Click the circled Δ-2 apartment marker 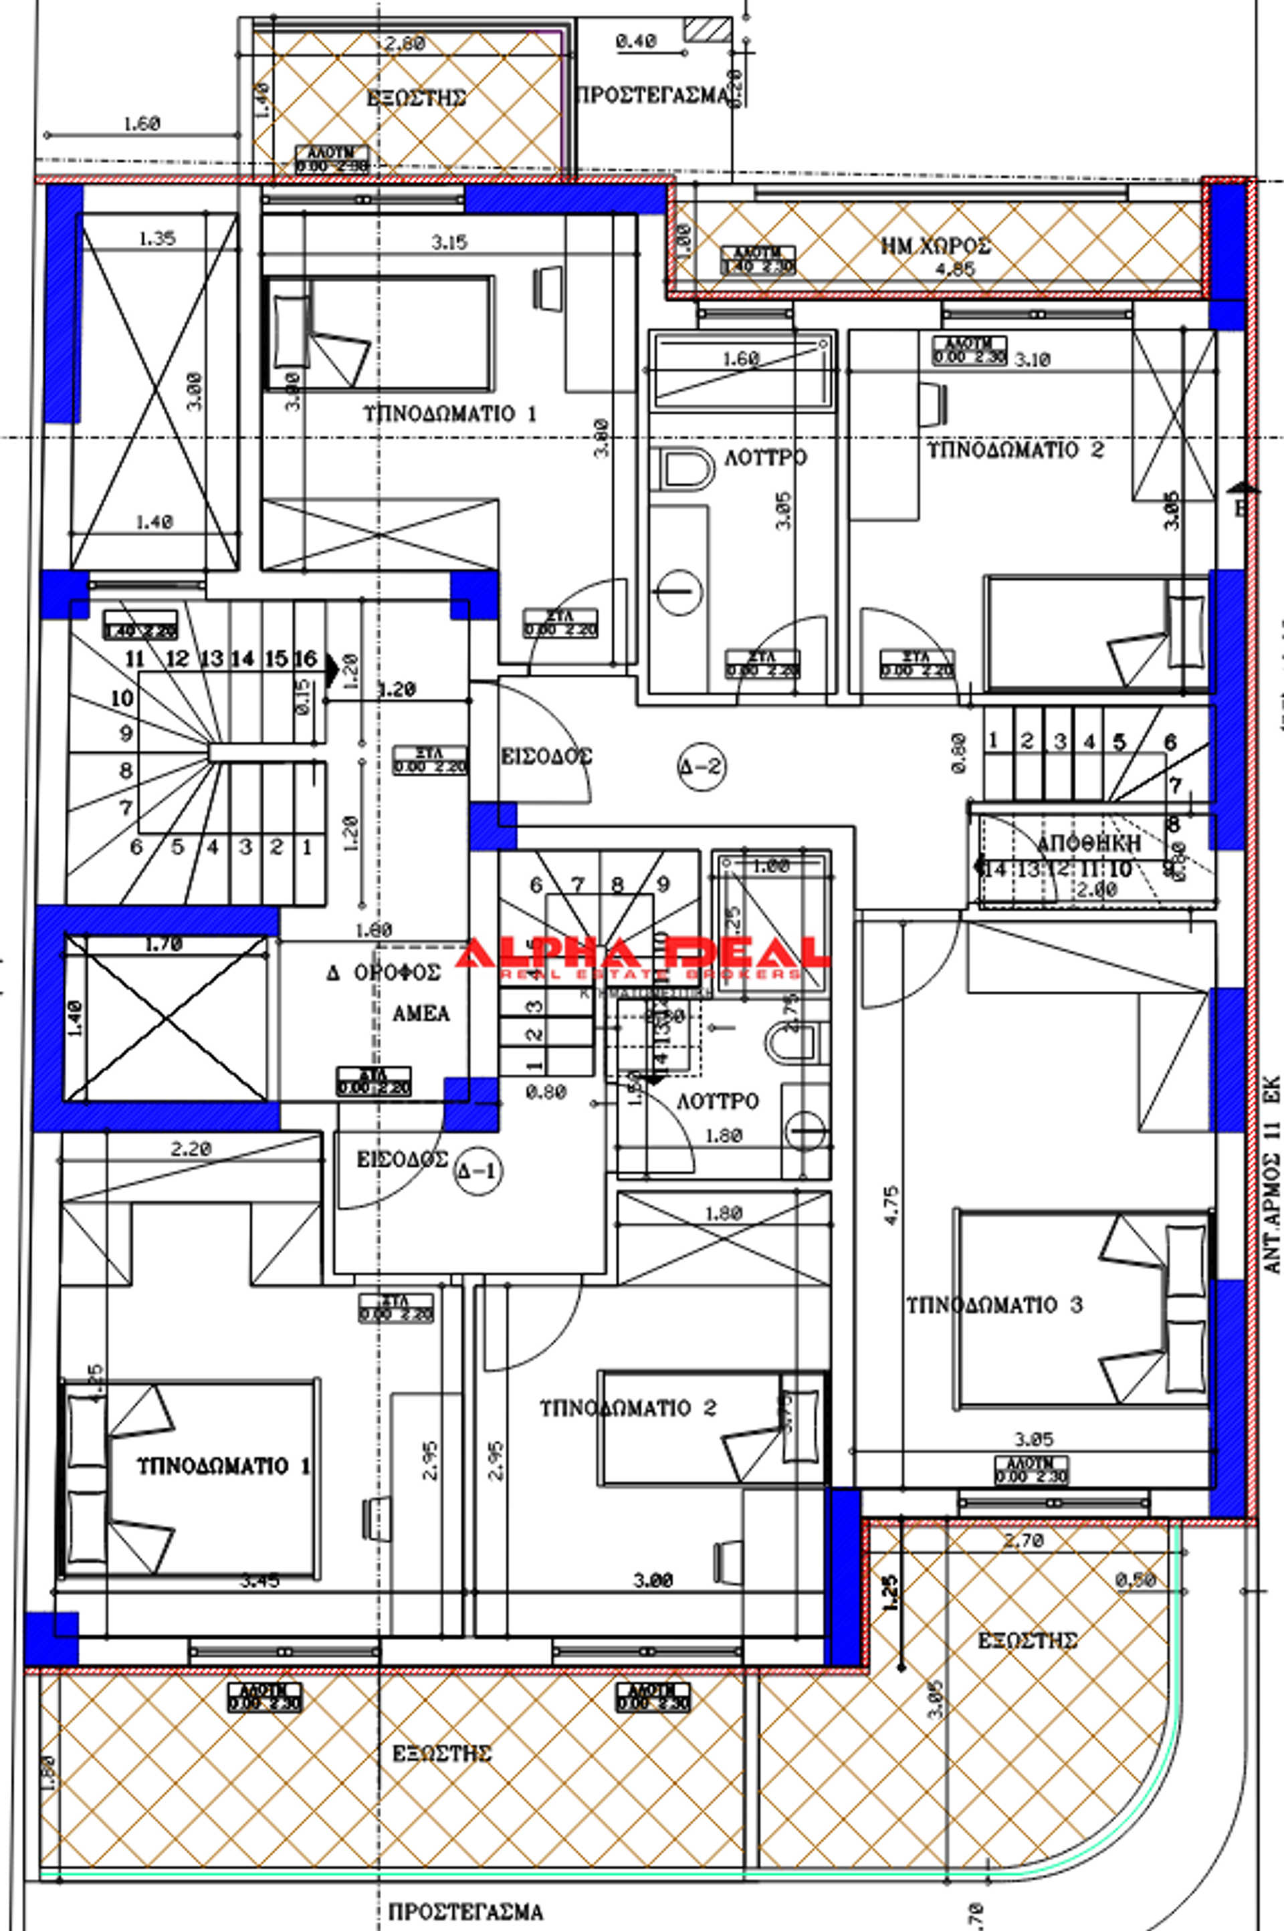pos(702,767)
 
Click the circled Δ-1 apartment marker pos(477,1171)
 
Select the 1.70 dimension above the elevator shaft pos(164,945)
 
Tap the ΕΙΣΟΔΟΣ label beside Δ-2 pos(546,756)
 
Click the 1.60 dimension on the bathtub pos(741,358)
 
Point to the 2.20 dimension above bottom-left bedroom pos(191,1149)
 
